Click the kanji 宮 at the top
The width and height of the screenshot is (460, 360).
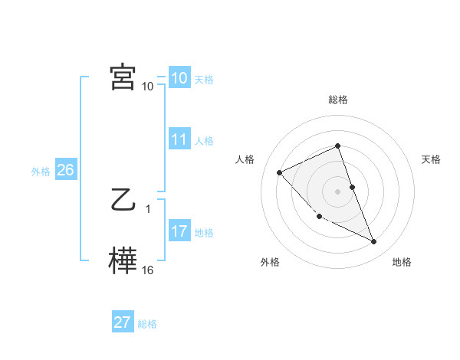(123, 77)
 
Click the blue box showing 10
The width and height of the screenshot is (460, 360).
(179, 78)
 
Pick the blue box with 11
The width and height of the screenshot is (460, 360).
(179, 139)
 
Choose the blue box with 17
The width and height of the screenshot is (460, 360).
(179, 231)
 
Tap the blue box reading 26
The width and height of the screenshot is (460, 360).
(65, 170)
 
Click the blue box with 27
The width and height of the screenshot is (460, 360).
(122, 322)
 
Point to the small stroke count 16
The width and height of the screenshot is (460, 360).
(148, 270)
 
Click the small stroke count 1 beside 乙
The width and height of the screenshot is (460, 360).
(148, 209)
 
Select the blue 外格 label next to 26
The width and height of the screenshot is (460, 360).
(41, 172)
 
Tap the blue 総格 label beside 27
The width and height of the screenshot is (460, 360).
(147, 324)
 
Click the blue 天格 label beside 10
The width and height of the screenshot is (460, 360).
(204, 80)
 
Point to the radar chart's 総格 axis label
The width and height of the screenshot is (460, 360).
(337, 100)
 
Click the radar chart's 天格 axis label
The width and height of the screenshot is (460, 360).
(432, 159)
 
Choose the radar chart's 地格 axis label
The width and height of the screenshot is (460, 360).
(402, 263)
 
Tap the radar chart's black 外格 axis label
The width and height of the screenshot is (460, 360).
(270, 263)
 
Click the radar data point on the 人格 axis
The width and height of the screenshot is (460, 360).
(280, 172)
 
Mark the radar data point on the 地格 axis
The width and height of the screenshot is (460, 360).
(373, 241)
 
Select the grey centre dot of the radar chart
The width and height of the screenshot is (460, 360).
(337, 191)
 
